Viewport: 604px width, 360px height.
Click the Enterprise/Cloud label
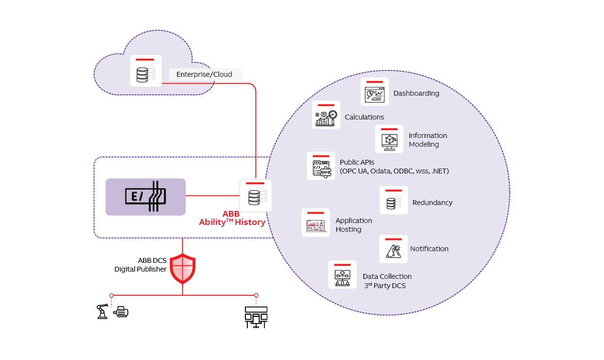(204, 74)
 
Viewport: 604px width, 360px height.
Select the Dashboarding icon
(375, 92)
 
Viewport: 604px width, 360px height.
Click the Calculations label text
(364, 117)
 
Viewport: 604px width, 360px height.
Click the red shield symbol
(183, 268)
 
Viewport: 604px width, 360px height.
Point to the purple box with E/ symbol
(146, 197)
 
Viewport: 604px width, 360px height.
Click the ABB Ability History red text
(232, 218)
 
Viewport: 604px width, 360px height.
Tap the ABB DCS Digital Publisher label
(140, 265)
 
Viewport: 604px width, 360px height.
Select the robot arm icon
(102, 311)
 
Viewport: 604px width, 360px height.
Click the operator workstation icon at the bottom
(256, 316)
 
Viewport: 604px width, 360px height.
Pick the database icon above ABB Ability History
(256, 195)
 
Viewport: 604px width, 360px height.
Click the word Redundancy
(432, 203)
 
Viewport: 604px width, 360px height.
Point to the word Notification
(430, 249)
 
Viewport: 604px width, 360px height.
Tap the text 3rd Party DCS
(385, 286)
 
